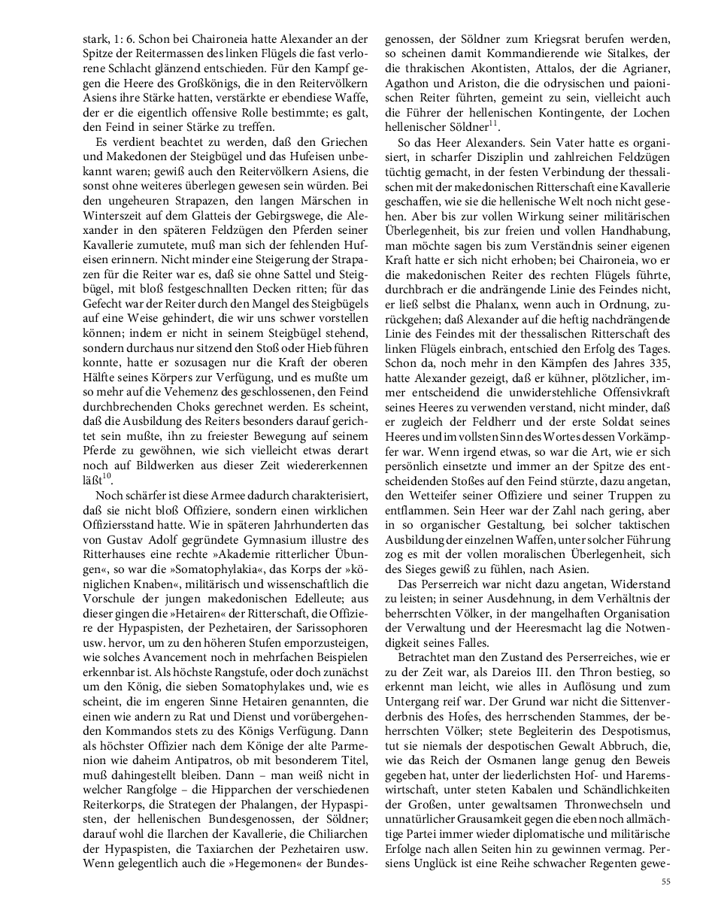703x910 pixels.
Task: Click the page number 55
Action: (666, 881)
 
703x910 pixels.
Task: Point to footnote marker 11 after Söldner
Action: (493, 120)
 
